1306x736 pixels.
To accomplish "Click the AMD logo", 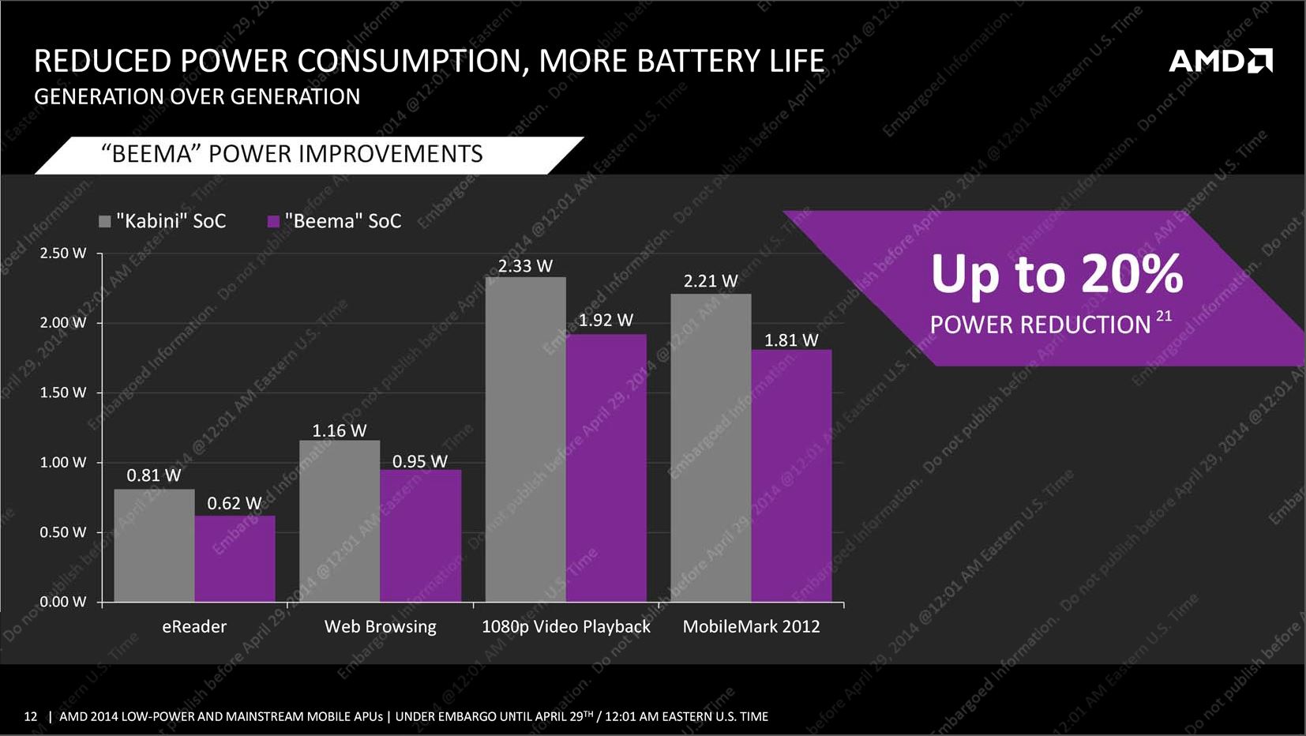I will (1220, 61).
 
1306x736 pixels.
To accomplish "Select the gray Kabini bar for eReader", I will (154, 545).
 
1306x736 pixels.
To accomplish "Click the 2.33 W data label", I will (525, 266).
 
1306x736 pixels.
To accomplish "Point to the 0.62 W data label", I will (235, 503).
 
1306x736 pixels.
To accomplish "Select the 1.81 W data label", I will (791, 340).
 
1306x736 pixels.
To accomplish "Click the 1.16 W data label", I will (340, 430).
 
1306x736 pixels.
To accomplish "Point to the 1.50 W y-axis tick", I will (63, 392).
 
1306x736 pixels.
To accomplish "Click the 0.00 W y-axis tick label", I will (63, 602).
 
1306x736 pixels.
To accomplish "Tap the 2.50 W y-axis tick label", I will (63, 253).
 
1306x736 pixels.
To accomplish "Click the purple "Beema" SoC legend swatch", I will (274, 222).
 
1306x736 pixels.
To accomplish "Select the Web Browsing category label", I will (380, 626).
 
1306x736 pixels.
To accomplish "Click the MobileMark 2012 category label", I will (751, 626).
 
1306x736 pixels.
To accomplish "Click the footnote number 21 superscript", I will (1164, 316).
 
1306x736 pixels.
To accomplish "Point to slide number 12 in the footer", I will (31, 716).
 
